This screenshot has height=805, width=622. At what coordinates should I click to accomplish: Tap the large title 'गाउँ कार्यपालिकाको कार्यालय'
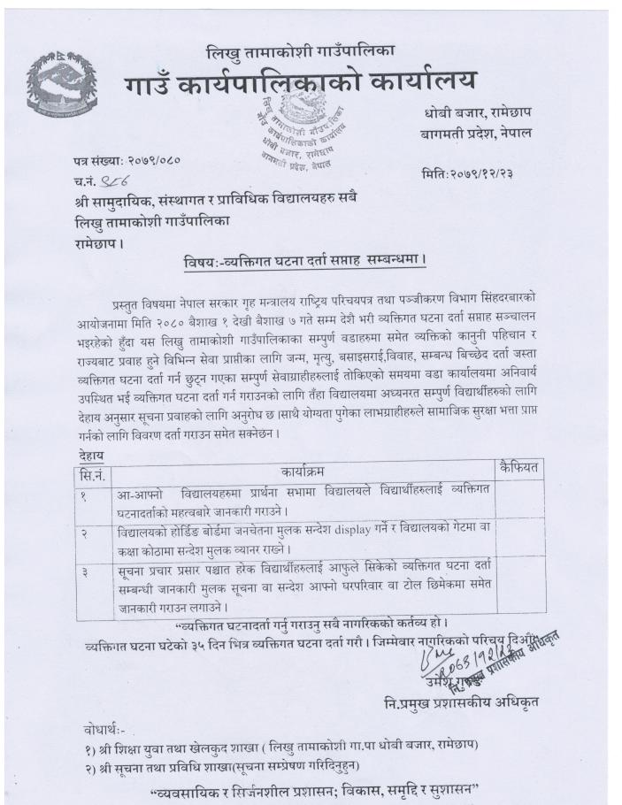point(300,82)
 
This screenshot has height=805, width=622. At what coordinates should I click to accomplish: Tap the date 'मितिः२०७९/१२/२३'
point(468,174)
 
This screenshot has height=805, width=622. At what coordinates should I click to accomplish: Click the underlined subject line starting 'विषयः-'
point(305,260)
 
